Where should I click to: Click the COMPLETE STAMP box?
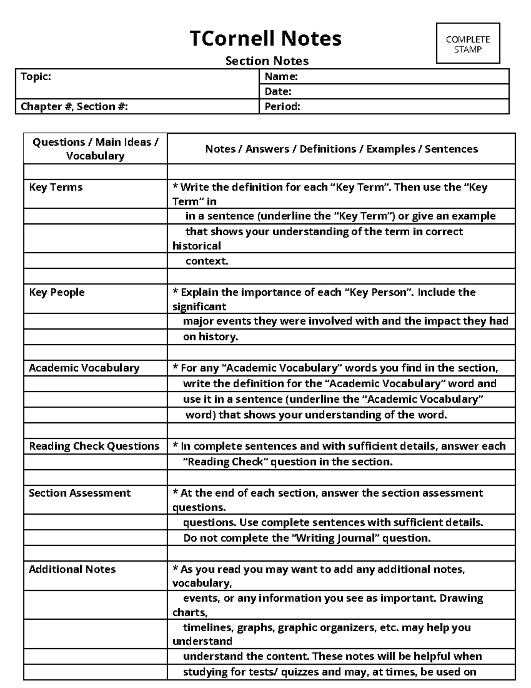pyautogui.click(x=468, y=44)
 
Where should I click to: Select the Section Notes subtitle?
pyautogui.click(x=267, y=61)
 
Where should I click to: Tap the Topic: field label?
pyautogui.click(x=36, y=77)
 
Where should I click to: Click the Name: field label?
pyautogui.click(x=281, y=77)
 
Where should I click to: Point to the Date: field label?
pyautogui.click(x=278, y=92)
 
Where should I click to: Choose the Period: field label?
pyautogui.click(x=282, y=106)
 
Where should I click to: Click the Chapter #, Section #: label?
pyautogui.click(x=74, y=106)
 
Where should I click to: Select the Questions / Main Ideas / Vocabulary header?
pyautogui.click(x=95, y=149)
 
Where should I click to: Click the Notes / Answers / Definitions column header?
pyautogui.click(x=341, y=149)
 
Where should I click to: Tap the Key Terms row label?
pyautogui.click(x=56, y=187)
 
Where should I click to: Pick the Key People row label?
pyautogui.click(x=57, y=292)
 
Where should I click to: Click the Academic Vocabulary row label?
pyautogui.click(x=84, y=368)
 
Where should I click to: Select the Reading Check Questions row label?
pyautogui.click(x=94, y=446)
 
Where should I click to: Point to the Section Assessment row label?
pyautogui.click(x=80, y=493)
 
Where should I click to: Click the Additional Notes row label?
pyautogui.click(x=72, y=569)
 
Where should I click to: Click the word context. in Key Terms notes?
pyautogui.click(x=207, y=261)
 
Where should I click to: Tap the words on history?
pyautogui.click(x=211, y=337)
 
